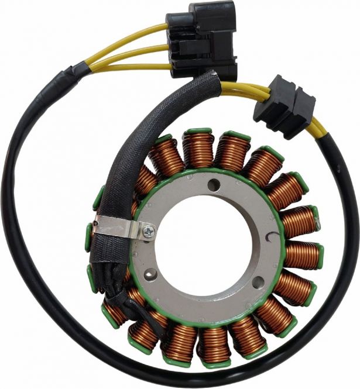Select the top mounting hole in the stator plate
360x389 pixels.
216,187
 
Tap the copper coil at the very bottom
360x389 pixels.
214,345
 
